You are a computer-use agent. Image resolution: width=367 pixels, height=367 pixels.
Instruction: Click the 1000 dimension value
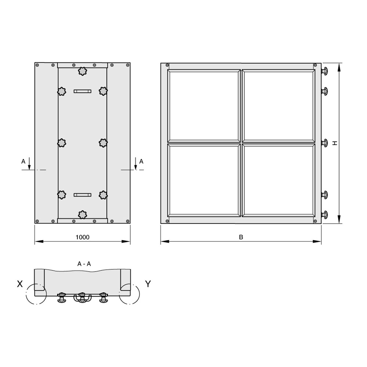[x=82, y=237]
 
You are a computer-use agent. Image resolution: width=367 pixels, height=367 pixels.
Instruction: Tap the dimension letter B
[x=241, y=237]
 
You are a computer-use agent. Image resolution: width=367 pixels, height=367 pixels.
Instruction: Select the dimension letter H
[x=335, y=143]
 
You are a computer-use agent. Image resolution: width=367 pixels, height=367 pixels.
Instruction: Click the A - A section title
[x=84, y=264]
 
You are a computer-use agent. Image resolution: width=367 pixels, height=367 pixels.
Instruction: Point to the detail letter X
[x=20, y=284]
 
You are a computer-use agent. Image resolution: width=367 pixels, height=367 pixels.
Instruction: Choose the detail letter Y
[x=148, y=284]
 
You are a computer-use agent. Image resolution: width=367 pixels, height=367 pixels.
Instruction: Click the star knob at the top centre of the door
[x=82, y=71]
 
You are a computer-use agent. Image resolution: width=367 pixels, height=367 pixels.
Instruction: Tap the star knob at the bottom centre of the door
[x=82, y=215]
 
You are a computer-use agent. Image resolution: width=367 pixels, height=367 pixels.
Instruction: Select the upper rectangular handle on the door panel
[x=82, y=91]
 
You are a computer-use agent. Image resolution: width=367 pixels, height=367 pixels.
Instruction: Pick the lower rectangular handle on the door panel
[x=82, y=195]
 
